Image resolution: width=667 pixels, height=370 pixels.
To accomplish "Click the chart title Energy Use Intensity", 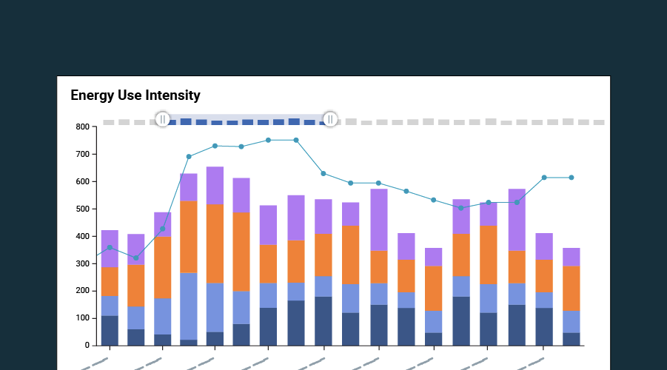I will click(x=135, y=95).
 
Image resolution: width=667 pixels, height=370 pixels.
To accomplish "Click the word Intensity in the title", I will click(x=172, y=95).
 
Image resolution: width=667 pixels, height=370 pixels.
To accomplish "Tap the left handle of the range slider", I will click(x=163, y=119).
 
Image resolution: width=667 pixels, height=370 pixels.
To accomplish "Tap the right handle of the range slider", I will click(x=330, y=119).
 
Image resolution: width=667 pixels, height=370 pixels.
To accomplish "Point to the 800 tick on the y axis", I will click(x=82, y=127).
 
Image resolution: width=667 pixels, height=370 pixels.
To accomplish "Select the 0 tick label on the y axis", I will click(x=86, y=346).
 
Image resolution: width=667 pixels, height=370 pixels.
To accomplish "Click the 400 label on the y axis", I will click(x=82, y=237).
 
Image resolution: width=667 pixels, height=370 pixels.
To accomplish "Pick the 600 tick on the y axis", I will click(x=82, y=182).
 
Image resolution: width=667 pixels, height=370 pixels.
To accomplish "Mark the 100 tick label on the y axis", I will click(x=82, y=318).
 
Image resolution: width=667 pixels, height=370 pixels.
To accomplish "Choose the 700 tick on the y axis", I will click(x=82, y=155).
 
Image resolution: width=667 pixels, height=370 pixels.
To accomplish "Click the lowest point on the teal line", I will click(x=135, y=258).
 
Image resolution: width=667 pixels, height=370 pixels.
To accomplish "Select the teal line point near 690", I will click(x=189, y=157).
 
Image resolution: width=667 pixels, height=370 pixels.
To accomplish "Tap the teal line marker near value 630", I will click(x=323, y=173).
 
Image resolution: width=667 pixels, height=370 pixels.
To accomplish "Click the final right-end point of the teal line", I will click(x=571, y=178).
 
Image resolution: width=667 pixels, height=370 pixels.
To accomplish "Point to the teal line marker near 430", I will click(x=162, y=229).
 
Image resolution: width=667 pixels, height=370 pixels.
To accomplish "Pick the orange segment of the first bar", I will click(x=110, y=281).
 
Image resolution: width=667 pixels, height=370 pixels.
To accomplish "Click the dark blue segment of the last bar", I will click(x=571, y=339).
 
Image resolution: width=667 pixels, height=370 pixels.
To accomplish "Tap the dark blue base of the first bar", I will click(x=110, y=331).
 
